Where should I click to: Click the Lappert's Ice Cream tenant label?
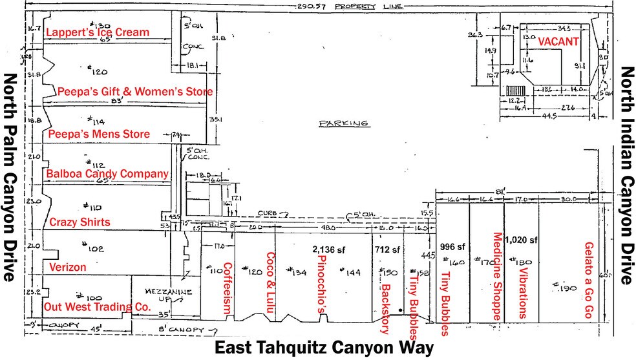[98, 32]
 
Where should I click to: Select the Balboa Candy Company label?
[107, 174]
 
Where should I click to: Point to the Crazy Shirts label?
[80, 222]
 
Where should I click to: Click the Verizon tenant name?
[68, 266]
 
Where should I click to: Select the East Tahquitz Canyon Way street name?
[324, 348]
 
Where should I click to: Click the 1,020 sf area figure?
[522, 240]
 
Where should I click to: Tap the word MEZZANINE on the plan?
[156, 291]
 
